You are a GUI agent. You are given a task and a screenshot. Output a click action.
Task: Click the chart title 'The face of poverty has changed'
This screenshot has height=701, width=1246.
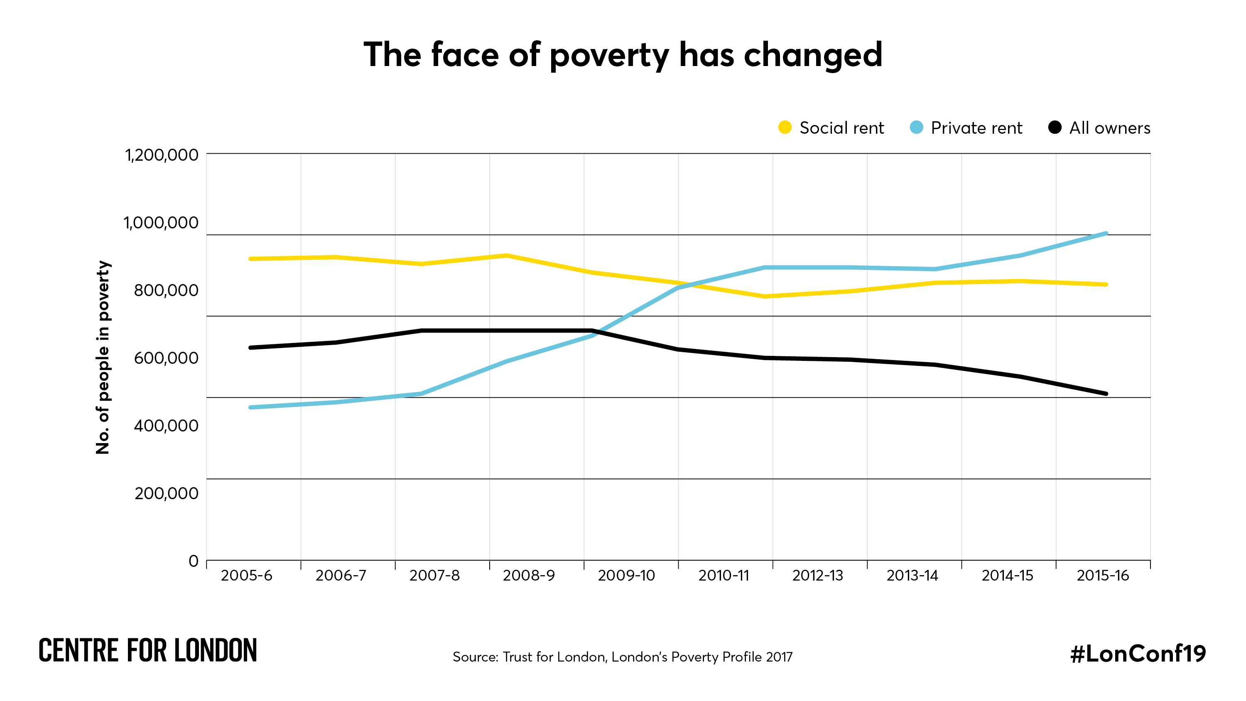(x=623, y=55)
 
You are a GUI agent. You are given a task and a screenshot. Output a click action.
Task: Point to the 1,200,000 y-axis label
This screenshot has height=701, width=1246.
(x=162, y=155)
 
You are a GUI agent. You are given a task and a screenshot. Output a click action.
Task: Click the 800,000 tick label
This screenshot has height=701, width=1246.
(x=166, y=290)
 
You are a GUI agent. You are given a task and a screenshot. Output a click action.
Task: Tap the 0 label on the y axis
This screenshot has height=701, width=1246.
(x=194, y=561)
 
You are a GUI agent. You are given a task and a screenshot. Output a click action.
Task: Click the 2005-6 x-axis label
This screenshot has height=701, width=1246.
(x=246, y=576)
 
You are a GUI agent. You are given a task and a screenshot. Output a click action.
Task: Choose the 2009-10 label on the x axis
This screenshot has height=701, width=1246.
(x=626, y=576)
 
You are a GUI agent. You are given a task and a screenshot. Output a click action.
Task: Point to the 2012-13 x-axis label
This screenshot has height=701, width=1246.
(x=817, y=576)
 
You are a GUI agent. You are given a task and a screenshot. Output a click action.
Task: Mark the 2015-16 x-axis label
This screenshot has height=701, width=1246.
(x=1102, y=576)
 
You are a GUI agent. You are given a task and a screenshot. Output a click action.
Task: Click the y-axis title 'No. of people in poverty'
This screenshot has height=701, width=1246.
(x=103, y=357)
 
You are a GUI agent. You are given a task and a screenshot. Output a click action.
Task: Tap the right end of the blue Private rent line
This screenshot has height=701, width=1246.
(x=1106, y=234)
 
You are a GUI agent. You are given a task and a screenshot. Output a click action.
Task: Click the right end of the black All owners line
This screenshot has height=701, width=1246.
(x=1106, y=394)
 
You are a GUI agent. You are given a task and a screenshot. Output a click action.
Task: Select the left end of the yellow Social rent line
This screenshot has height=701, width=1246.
(x=250, y=259)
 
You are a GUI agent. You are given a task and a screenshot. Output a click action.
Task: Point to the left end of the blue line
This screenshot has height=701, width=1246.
(x=250, y=407)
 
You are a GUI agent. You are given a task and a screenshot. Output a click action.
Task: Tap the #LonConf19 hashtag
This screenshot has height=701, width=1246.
(x=1138, y=654)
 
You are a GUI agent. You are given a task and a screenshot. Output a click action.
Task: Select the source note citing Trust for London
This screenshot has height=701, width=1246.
(x=623, y=657)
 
